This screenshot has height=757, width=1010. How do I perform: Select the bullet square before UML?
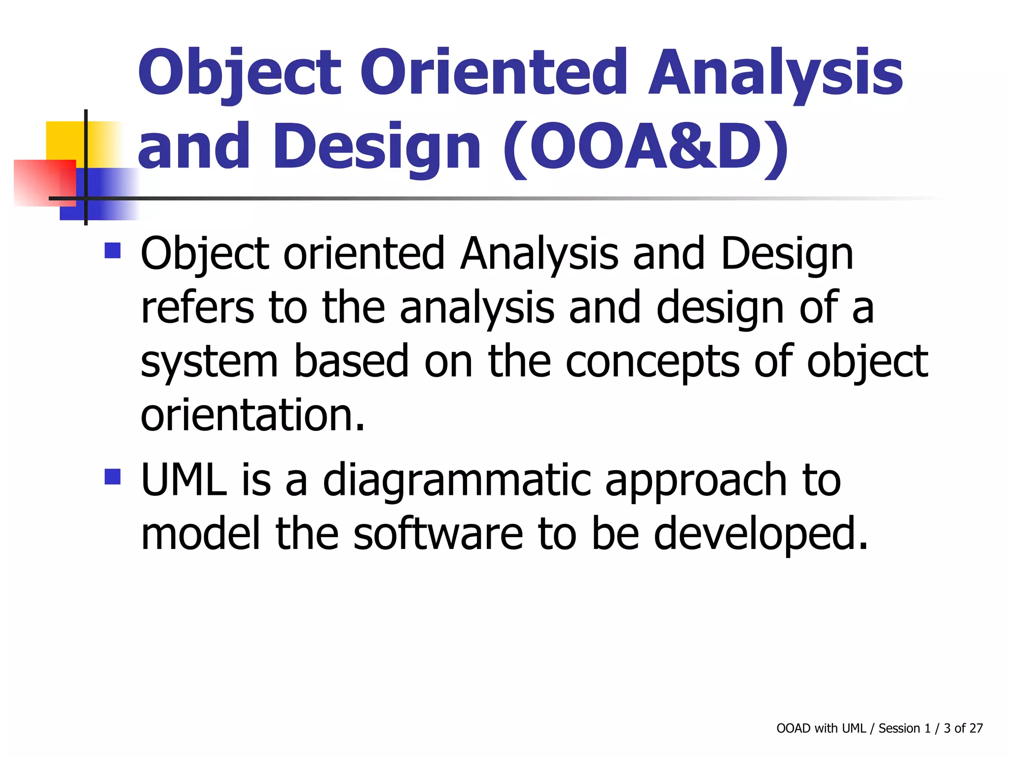pos(112,477)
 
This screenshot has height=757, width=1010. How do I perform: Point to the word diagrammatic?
pos(457,481)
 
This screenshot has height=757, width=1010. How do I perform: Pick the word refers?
pos(197,308)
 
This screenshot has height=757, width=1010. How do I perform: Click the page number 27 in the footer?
pos(976,728)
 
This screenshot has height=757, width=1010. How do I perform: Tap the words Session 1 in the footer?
pos(904,728)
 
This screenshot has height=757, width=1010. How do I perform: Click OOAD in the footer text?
pos(793,728)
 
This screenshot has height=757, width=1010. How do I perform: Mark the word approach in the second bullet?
pos(696,481)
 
